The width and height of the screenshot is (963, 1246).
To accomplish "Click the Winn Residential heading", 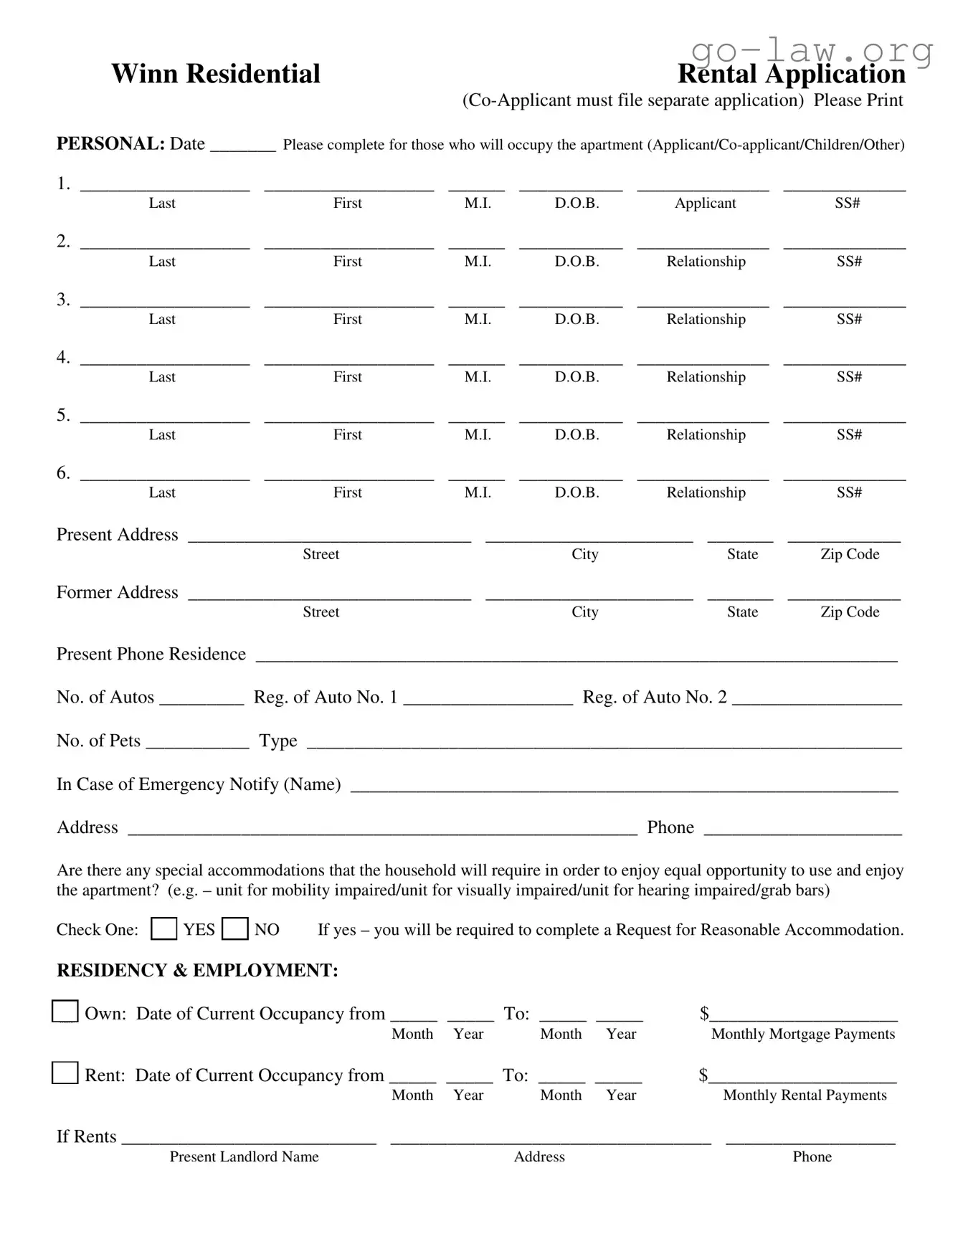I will click(215, 74).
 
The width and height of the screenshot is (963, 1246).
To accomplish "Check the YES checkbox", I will click(163, 928).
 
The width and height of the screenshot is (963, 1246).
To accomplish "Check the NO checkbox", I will click(234, 928).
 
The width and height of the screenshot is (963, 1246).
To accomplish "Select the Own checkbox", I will click(65, 1012).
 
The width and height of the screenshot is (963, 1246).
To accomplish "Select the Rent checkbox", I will click(65, 1073).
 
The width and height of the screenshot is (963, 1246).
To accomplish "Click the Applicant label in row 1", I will click(705, 203).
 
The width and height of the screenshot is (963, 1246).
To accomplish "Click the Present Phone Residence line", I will click(576, 655).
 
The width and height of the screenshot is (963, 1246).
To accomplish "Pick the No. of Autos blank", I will click(201, 699).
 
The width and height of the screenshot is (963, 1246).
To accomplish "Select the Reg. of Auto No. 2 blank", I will click(816, 699).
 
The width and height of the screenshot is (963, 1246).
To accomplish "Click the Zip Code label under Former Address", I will click(850, 612).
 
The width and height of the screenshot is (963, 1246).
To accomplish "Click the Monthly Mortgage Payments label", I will click(802, 1034).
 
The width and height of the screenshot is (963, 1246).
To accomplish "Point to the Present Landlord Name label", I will click(244, 1156).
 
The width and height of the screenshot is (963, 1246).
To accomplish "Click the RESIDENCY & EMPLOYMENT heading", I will click(197, 970).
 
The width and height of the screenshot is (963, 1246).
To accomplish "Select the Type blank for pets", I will click(603, 743).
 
